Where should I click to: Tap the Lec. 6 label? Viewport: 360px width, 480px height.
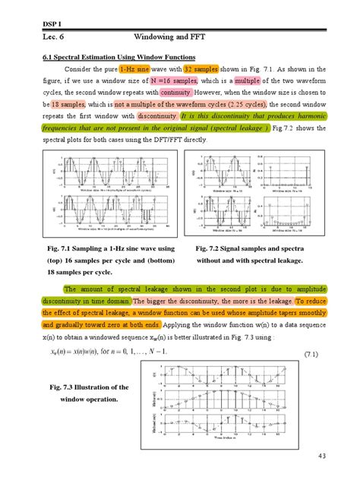55,36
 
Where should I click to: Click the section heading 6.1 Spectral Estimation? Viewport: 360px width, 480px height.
118,58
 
